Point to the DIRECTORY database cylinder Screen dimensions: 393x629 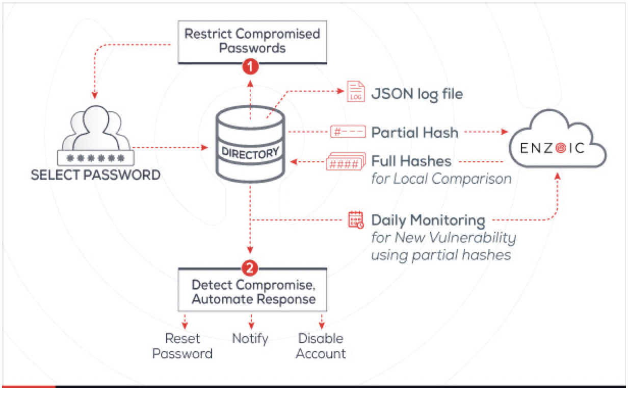[x=250, y=148]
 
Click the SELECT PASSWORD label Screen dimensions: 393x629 [x=96, y=175]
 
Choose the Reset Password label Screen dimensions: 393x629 [x=183, y=346]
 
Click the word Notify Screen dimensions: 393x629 [x=250, y=338]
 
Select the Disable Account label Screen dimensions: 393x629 [x=321, y=346]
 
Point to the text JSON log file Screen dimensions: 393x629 [x=417, y=94]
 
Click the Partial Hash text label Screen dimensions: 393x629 [x=414, y=133]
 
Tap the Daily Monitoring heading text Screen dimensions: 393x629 [x=428, y=220]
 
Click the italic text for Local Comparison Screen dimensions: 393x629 [x=441, y=179]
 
